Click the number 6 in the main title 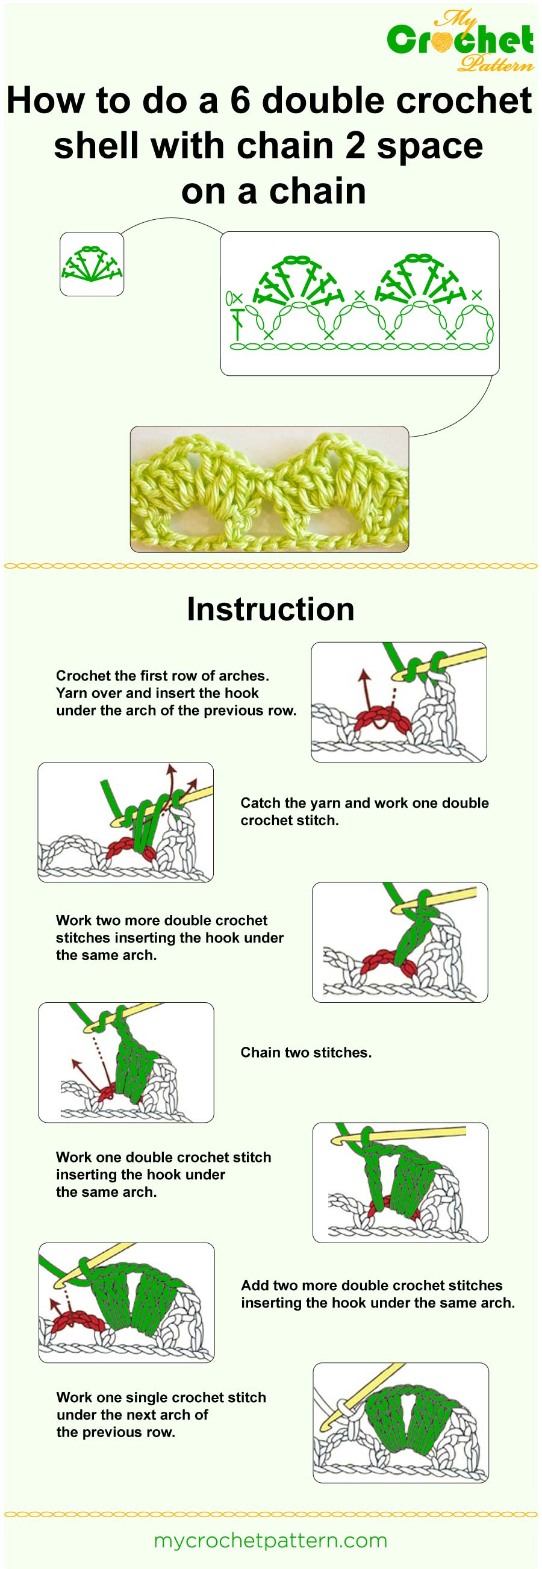pos(240,101)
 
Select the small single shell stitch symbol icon pos(92,264)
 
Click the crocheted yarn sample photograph pos(269,489)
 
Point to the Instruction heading pos(270,609)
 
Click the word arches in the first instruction pos(243,675)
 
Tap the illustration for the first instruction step pos(399,702)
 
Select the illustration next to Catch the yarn pos(125,822)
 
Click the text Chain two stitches pos(306,1052)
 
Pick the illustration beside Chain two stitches pos(126,1062)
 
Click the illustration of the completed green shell pos(400,1422)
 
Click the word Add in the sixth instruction pos(255,1285)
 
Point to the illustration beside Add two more pos(126,1302)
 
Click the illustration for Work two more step pos(399,942)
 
